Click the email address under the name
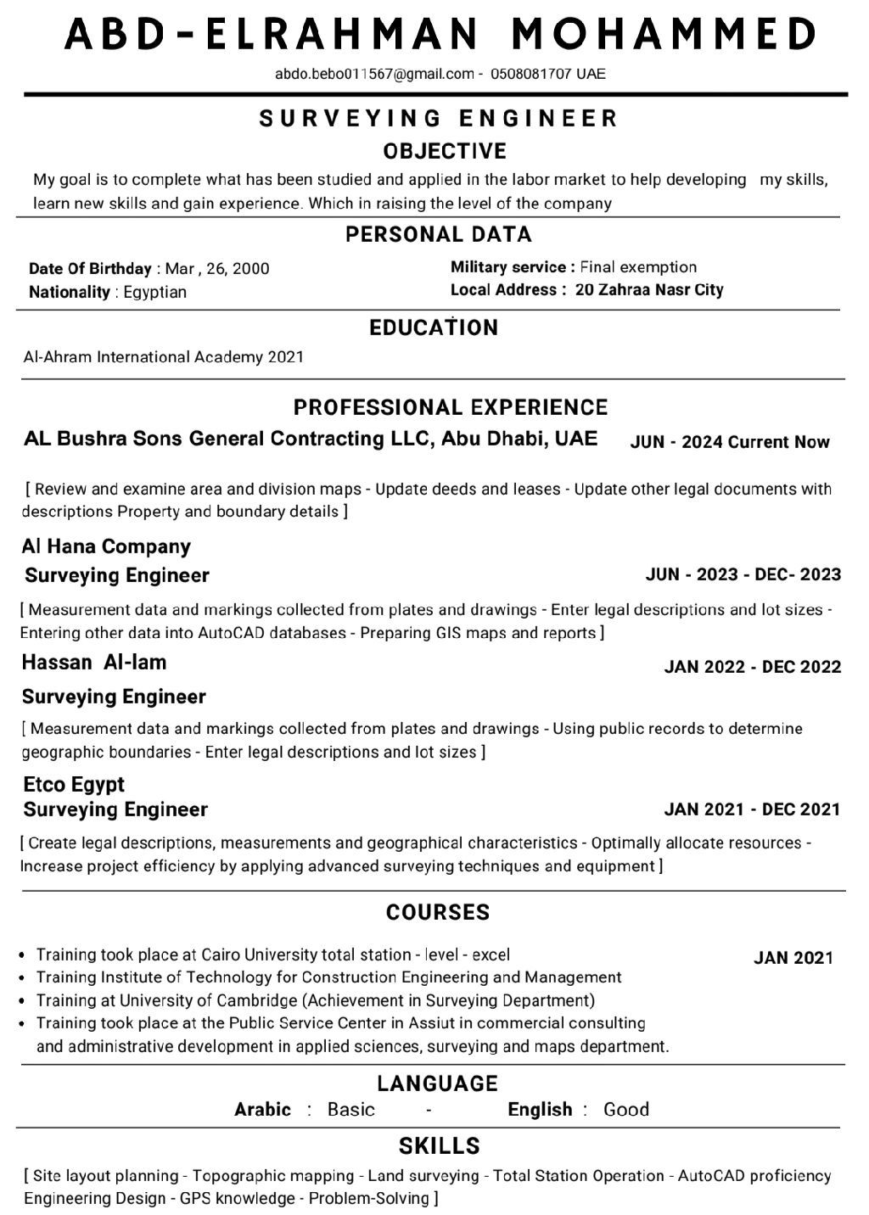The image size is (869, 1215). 374,74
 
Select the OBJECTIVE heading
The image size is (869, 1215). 445,152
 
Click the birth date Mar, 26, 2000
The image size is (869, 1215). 217,269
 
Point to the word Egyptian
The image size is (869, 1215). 154,292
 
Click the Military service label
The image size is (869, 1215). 513,267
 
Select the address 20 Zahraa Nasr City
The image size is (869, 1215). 649,290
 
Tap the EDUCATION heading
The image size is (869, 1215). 434,328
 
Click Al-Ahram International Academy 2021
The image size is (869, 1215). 163,357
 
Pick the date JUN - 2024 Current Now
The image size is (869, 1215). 730,442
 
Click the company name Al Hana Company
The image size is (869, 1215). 106,546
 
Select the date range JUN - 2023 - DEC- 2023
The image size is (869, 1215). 743,574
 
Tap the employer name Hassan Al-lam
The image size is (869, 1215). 94,663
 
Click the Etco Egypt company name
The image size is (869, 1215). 74,784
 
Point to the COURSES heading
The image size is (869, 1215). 438,913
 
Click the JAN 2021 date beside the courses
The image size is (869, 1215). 793,958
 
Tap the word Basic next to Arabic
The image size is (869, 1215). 350,1110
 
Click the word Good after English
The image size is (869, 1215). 626,1110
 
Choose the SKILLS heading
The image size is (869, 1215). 440,1146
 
